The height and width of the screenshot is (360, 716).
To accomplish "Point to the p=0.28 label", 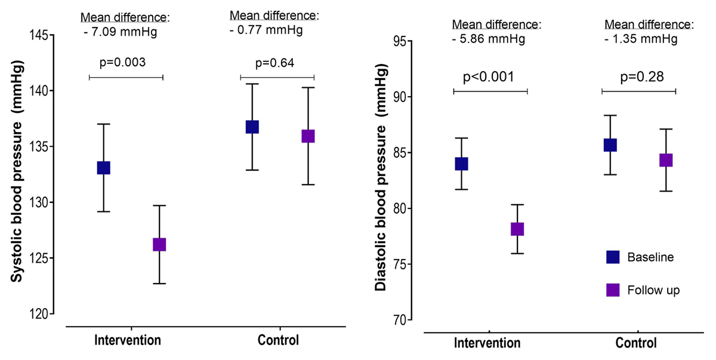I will [638, 78].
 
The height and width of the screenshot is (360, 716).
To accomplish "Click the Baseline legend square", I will [613, 257].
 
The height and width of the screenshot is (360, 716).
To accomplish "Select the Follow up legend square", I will [613, 290].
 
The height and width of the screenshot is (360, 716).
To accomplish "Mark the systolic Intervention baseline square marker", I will [103, 168].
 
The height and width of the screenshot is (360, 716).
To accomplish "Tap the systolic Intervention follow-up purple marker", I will [159, 245].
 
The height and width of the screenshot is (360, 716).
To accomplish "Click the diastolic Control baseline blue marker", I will [610, 145].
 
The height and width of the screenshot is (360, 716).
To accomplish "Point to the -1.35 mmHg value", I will [641, 39].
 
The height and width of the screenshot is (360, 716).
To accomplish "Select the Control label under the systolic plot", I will [278, 341].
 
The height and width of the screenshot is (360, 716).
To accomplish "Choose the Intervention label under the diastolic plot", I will [488, 343].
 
